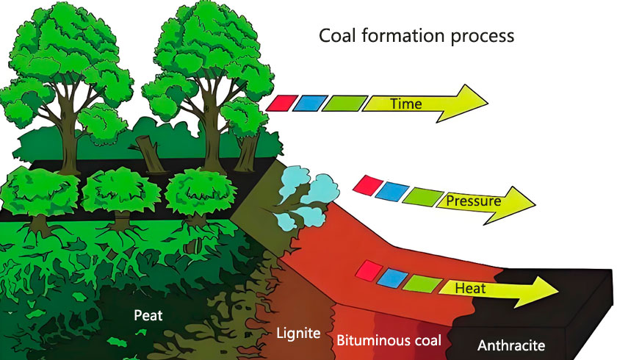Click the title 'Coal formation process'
pos(416,35)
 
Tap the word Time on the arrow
pos(405,104)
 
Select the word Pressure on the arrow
pos(473,199)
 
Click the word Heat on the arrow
pos(470,288)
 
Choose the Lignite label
pos(298,334)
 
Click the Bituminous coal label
pos(389,341)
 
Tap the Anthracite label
pos(511,345)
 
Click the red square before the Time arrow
pos(278,101)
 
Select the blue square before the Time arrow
pos(305,101)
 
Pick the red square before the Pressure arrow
pos(365,185)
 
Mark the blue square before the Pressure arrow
pos(389,190)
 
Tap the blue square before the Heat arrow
pos(390,277)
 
